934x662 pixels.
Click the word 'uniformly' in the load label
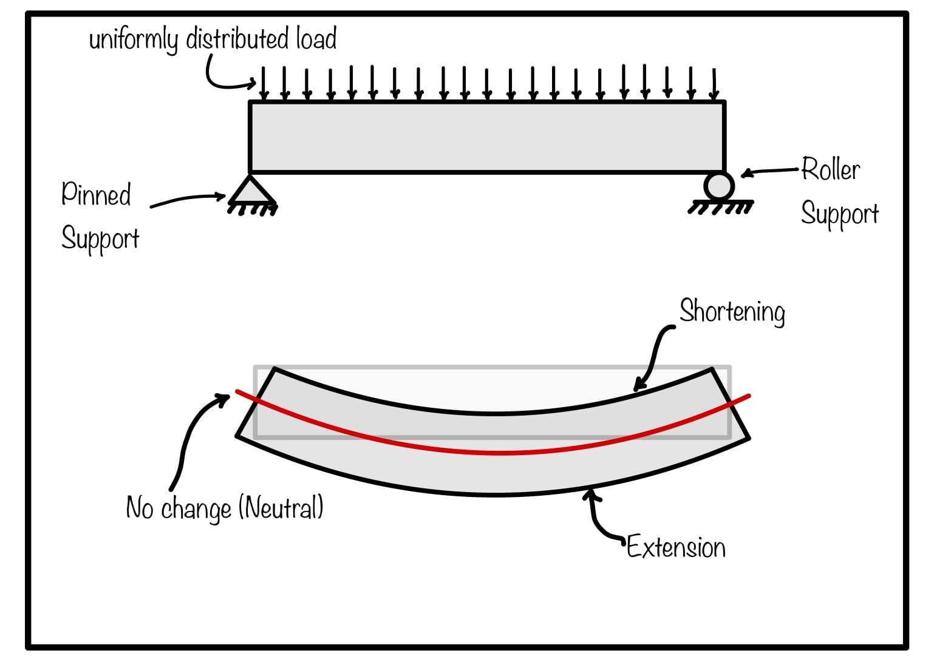point(133,40)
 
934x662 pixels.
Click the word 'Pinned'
point(96,195)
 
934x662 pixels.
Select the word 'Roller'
point(830,169)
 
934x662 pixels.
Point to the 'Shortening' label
point(732,312)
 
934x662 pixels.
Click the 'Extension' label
point(676,547)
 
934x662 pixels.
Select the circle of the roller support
point(720,185)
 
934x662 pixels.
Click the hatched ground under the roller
point(720,208)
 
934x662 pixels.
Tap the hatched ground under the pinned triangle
point(253,209)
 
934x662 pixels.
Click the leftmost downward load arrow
point(264,84)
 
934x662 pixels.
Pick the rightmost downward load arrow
point(714,84)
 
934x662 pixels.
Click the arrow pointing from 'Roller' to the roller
point(770,172)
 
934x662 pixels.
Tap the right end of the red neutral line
point(748,396)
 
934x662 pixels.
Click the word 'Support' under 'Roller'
point(839,214)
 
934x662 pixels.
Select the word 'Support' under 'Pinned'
point(100,238)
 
